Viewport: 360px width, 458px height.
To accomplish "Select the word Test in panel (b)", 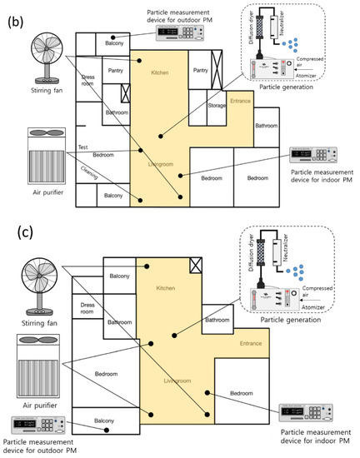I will [x=83, y=147].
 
